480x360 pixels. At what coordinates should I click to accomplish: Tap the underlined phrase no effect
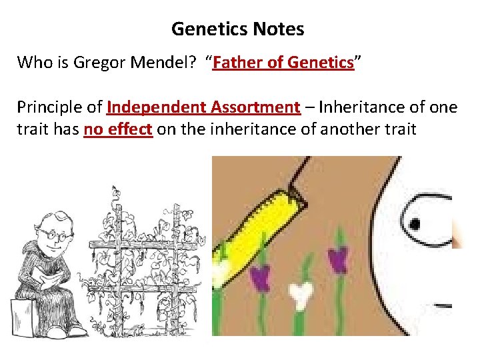pos(119,129)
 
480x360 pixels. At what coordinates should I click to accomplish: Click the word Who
pos(32,63)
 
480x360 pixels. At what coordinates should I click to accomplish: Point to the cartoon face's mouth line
pos(443,307)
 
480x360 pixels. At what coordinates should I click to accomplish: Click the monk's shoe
pos(76,331)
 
